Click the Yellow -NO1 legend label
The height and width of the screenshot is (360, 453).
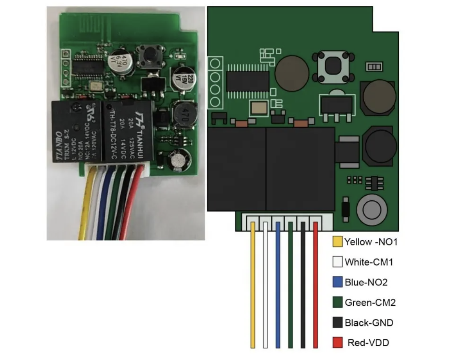point(370,242)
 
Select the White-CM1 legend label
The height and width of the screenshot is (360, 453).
point(368,262)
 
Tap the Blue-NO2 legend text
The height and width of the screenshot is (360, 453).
point(366,282)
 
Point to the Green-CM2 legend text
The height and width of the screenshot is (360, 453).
point(370,303)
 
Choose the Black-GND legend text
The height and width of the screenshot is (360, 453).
point(369,323)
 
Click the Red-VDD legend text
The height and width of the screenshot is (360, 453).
point(368,343)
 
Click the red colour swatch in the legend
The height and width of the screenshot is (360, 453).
point(337,343)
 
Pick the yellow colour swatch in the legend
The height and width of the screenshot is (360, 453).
point(337,242)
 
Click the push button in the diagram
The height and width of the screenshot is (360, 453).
point(333,66)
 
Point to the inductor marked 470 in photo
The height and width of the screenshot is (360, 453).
point(182,114)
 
